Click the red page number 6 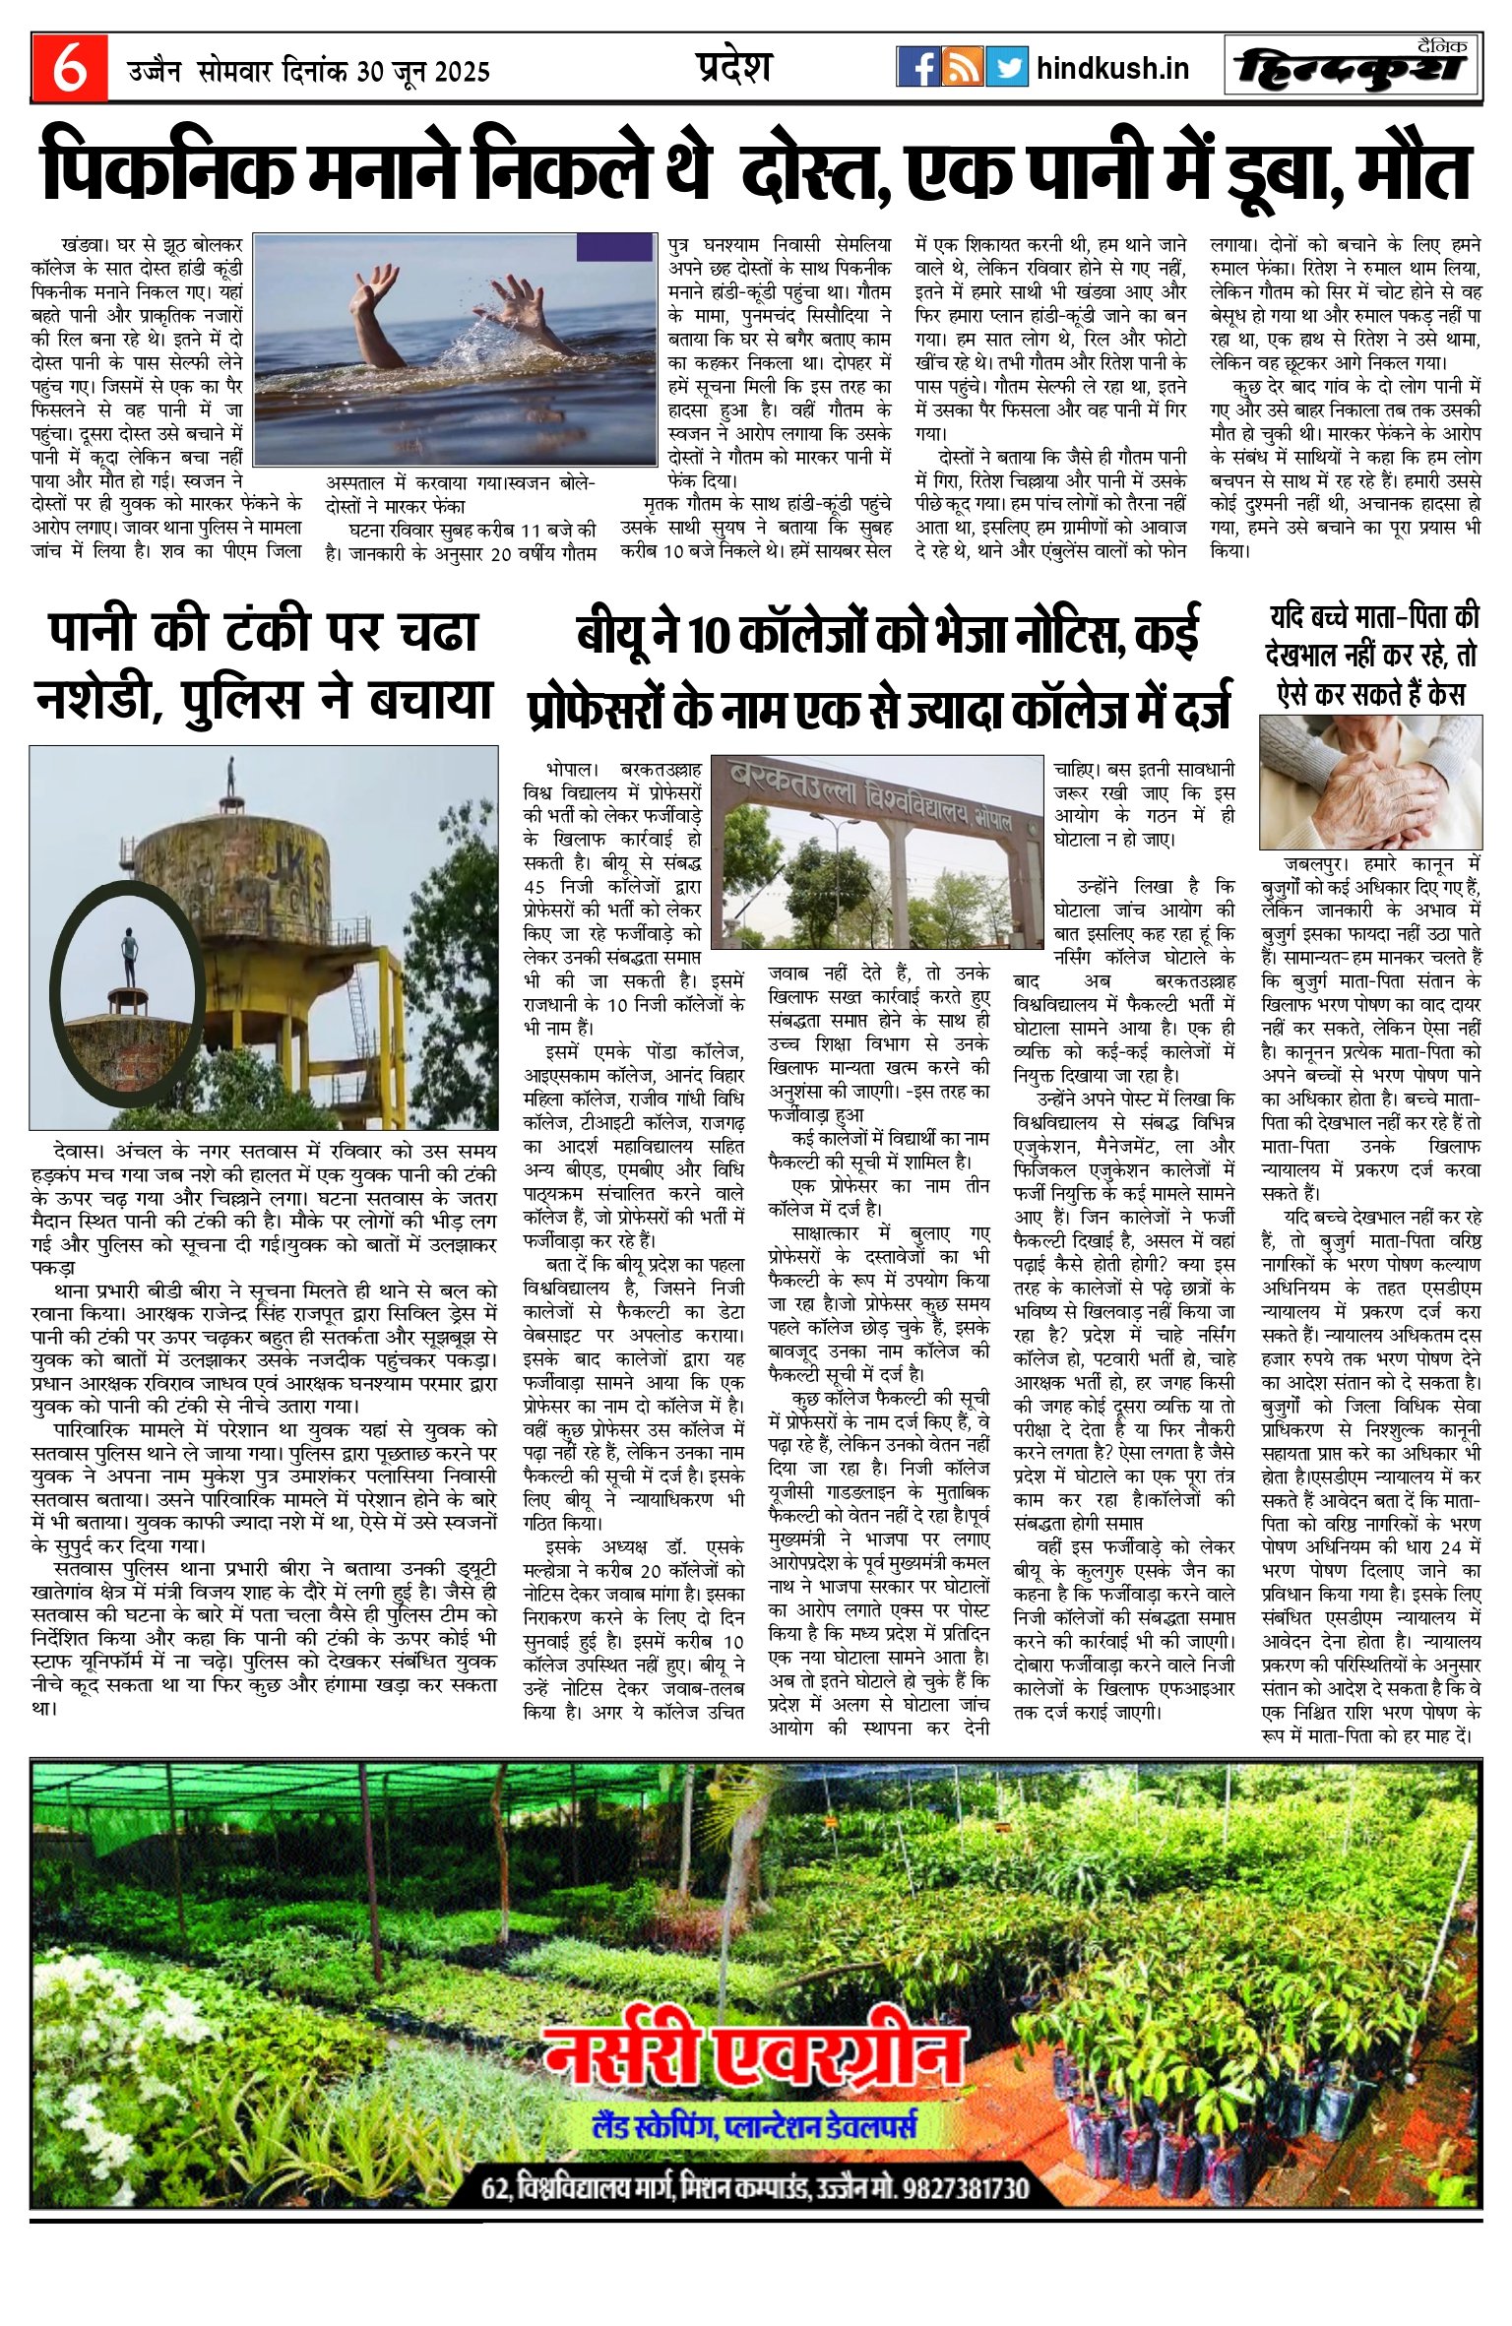(x=68, y=69)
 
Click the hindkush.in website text (x=1112, y=68)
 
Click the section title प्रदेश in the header (x=730, y=67)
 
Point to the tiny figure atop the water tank (x=231, y=777)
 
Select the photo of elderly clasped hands (x=1370, y=782)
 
